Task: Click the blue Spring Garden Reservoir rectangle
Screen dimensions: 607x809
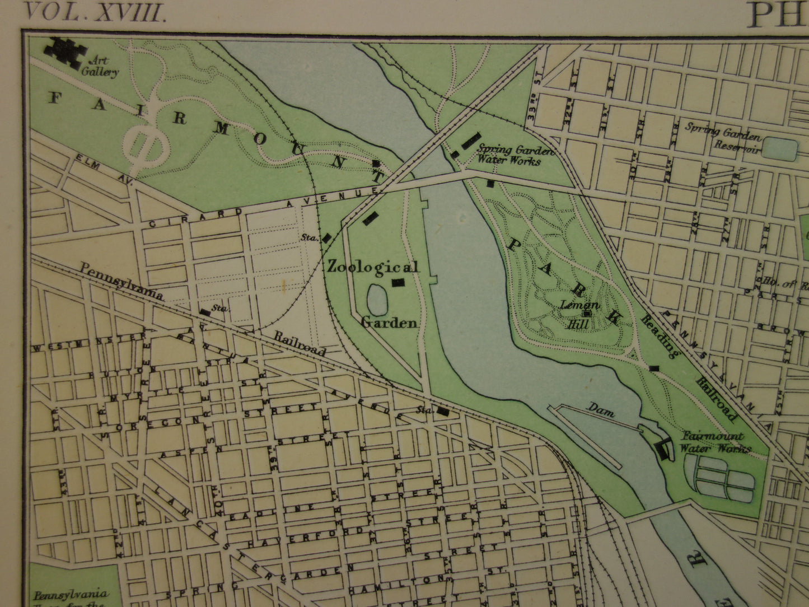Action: tap(780, 149)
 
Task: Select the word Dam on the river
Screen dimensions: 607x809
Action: tap(601, 412)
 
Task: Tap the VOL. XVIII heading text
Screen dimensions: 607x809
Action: tap(95, 13)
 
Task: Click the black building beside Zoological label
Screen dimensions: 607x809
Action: tap(398, 283)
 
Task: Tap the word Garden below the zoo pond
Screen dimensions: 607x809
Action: tap(389, 323)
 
